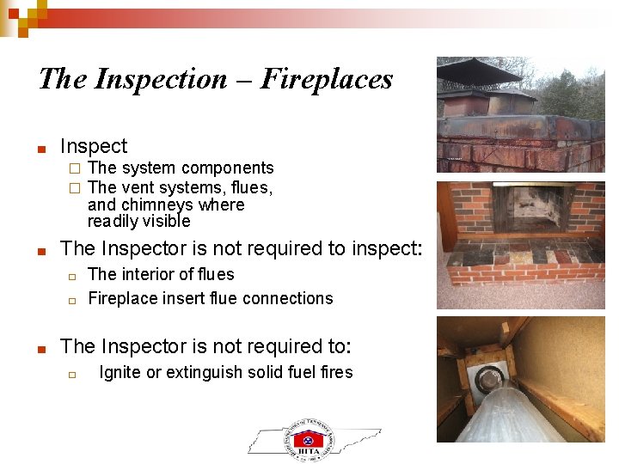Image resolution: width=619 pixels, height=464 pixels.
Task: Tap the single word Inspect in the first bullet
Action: pyautogui.click(x=94, y=146)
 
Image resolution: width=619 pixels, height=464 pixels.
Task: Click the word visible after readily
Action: pyautogui.click(x=168, y=222)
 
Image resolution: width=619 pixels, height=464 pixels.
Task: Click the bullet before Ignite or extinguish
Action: pyautogui.click(x=74, y=374)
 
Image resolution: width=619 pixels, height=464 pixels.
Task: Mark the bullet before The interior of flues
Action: pyautogui.click(x=74, y=276)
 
